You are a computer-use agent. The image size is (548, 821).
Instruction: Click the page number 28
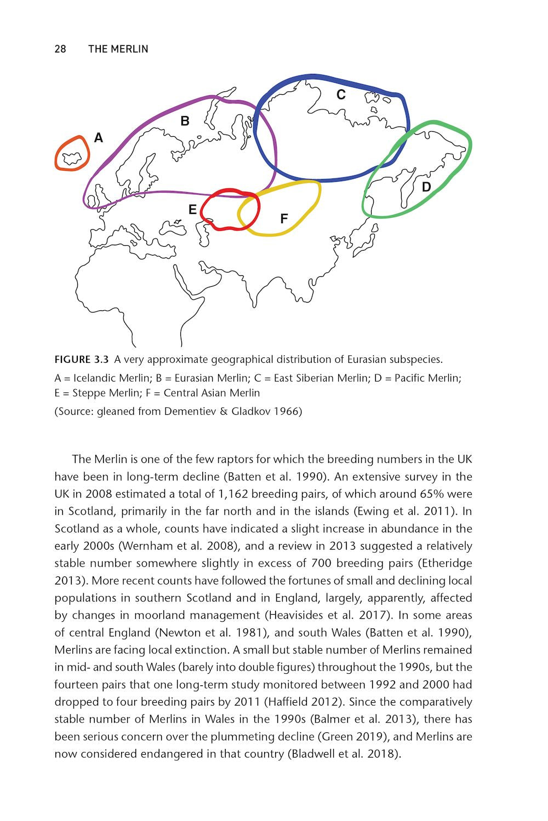(x=60, y=49)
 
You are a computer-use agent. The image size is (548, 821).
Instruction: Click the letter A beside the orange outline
(x=99, y=138)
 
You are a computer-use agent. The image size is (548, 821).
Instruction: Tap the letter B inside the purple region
(x=185, y=121)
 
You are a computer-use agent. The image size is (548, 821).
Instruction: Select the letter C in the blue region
(x=341, y=95)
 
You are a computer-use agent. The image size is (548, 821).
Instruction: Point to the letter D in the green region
(x=426, y=187)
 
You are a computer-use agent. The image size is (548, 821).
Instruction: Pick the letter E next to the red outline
(x=192, y=210)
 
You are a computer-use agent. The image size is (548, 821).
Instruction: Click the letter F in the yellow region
(x=284, y=219)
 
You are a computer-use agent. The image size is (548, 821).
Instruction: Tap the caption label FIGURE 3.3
(x=82, y=360)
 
